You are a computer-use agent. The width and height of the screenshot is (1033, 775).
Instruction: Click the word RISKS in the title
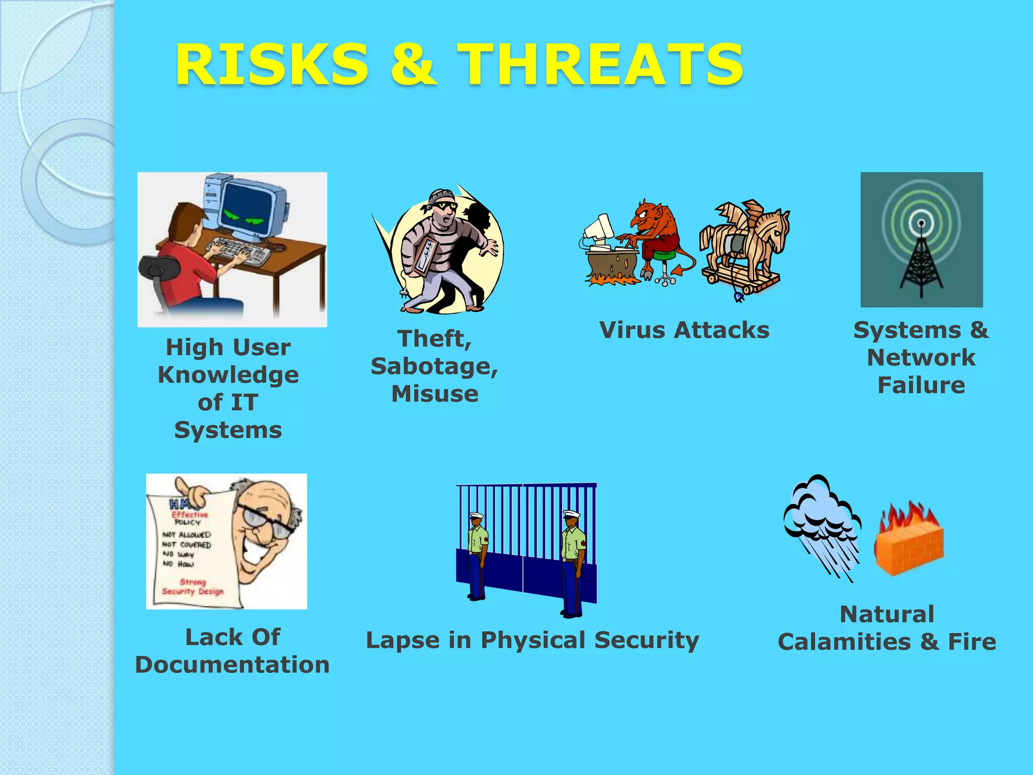click(x=272, y=65)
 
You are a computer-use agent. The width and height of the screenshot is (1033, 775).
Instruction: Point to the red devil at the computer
click(x=655, y=232)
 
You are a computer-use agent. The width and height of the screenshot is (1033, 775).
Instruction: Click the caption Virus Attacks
click(x=684, y=330)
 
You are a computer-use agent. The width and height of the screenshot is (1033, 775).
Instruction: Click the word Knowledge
click(x=228, y=375)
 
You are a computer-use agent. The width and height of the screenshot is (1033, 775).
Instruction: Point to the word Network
click(x=921, y=358)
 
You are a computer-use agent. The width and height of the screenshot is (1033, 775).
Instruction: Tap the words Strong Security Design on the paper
click(x=193, y=587)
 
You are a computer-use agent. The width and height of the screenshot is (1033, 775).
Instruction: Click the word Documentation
click(x=233, y=665)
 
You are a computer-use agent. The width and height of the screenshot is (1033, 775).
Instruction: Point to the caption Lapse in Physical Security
click(x=533, y=640)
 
